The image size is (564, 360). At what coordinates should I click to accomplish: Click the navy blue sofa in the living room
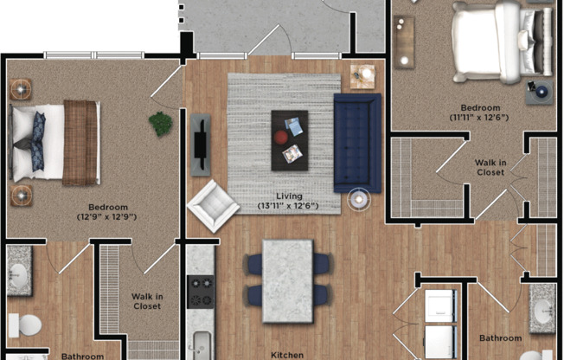pyautogui.click(x=356, y=143)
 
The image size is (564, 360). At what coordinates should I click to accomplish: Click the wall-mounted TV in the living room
pyautogui.click(x=201, y=144)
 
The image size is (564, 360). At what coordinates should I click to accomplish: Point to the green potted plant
pyautogui.click(x=160, y=124)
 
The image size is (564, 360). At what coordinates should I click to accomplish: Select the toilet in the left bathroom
pyautogui.click(x=26, y=325)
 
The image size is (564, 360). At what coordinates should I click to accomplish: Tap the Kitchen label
pyautogui.click(x=287, y=354)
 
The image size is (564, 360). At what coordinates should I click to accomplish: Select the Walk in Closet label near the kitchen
pyautogui.click(x=146, y=301)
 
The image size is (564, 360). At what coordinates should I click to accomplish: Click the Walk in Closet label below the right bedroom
pyautogui.click(x=490, y=167)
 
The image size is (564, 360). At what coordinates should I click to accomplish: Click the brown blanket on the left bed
pyautogui.click(x=80, y=143)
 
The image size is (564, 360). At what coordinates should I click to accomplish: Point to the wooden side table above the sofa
pyautogui.click(x=362, y=78)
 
